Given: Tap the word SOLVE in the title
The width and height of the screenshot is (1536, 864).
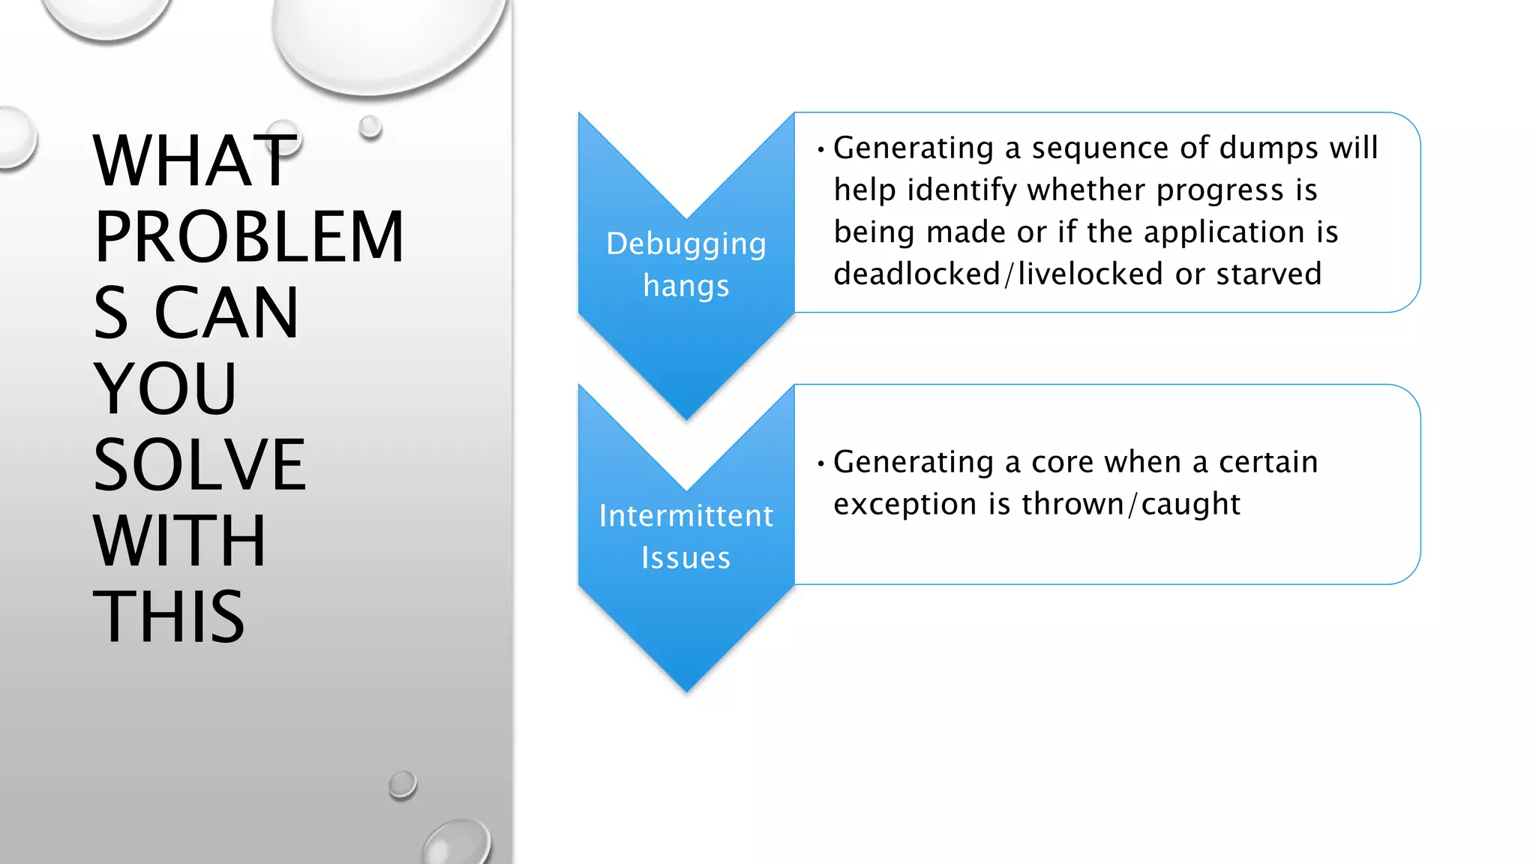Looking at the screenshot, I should point(199,465).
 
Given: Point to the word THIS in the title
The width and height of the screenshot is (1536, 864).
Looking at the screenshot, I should point(169,617).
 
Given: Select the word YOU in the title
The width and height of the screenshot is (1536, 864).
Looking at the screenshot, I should point(165,388).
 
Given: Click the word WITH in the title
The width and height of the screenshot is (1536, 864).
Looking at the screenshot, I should point(179,541).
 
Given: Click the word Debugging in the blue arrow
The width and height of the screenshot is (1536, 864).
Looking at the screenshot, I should point(686,244).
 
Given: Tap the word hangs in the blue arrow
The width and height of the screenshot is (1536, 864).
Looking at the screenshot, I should point(686,286).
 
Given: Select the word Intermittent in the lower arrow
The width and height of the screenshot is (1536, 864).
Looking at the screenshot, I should point(686,516).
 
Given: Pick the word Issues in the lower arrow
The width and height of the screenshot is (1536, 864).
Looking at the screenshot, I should point(686,558).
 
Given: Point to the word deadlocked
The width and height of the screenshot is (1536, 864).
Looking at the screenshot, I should point(916,274).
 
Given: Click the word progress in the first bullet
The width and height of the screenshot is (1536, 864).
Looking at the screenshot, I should point(1219,190).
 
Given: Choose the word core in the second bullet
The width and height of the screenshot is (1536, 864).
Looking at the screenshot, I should point(1063,462).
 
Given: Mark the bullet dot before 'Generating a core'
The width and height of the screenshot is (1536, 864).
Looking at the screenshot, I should point(821,463).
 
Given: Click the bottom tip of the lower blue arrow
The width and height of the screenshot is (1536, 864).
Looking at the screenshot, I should point(686,688).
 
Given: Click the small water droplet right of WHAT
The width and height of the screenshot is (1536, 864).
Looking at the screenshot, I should point(370,127).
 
